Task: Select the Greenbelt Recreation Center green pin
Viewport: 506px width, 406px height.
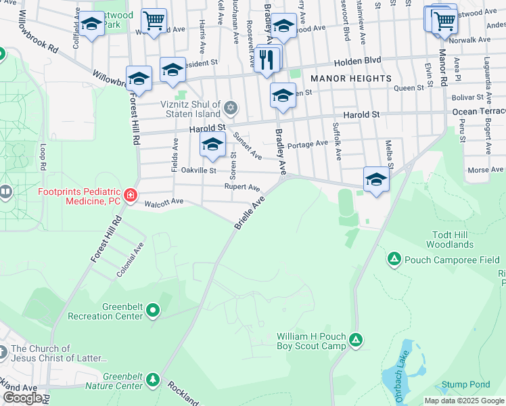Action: click(153, 311)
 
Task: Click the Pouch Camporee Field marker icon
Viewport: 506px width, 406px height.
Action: click(394, 259)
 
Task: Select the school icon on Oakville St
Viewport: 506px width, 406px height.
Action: click(212, 145)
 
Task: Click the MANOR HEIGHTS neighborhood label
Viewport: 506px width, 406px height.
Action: click(352, 78)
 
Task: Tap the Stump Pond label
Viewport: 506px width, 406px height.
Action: click(466, 384)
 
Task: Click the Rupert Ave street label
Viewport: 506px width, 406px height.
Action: click(242, 187)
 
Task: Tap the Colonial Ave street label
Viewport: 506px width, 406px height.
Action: click(130, 260)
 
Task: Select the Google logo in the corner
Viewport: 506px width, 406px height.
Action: click(22, 398)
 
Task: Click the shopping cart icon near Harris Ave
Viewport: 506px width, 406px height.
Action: click(154, 22)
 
